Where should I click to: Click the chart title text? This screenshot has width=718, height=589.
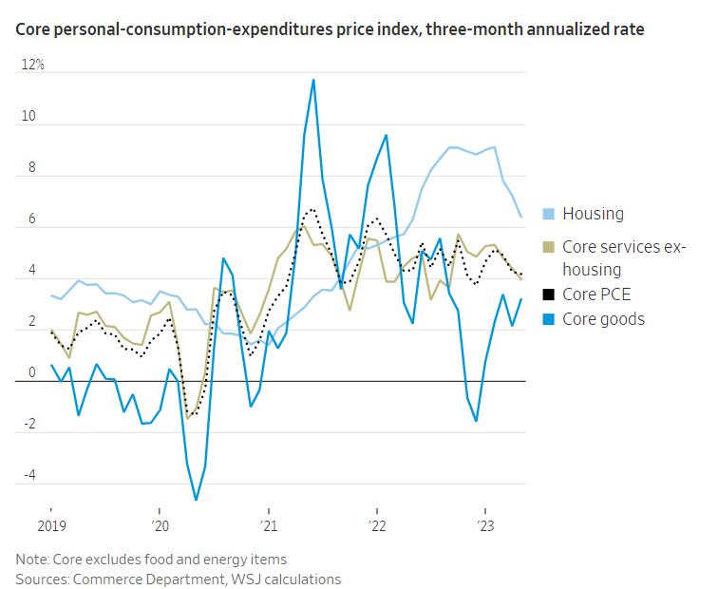(x=330, y=30)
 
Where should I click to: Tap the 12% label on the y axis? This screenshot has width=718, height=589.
(x=33, y=66)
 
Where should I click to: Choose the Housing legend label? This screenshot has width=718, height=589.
(x=593, y=214)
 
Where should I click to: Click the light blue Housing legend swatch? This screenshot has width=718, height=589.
(x=548, y=214)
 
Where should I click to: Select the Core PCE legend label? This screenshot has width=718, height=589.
(x=596, y=294)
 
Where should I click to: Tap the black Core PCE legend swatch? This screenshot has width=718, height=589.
(x=548, y=294)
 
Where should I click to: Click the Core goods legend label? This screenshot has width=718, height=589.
(x=603, y=319)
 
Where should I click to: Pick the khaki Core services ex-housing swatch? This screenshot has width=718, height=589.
(x=548, y=247)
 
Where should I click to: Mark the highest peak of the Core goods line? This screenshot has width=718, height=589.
(x=313, y=80)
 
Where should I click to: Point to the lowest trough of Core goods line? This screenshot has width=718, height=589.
(x=197, y=500)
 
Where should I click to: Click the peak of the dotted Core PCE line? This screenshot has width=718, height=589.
(x=312, y=208)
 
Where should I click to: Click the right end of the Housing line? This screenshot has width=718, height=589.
(x=520, y=217)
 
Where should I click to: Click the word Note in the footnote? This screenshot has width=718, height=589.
(x=33, y=559)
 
